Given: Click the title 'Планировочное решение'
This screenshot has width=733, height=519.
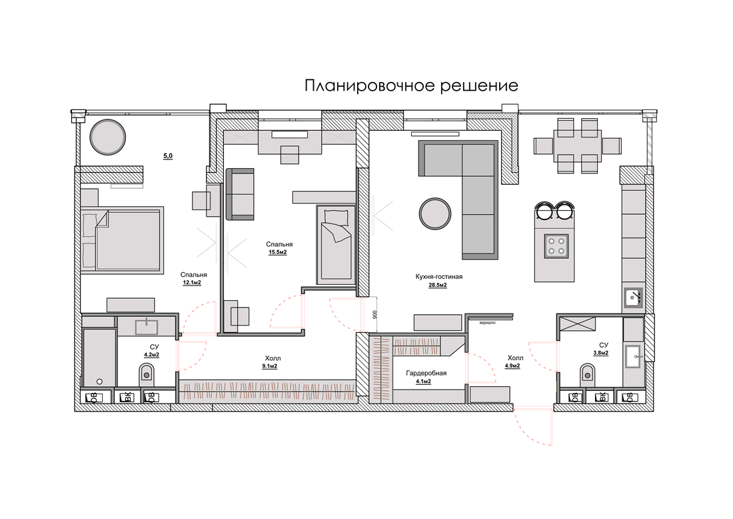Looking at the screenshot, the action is click(411, 85).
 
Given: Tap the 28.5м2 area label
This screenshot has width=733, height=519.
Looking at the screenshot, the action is click(438, 285).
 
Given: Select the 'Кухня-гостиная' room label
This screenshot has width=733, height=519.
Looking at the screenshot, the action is click(439, 277).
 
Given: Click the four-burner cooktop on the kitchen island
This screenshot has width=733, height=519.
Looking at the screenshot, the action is click(556, 246).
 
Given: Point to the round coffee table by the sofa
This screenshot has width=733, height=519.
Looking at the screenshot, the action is click(435, 213).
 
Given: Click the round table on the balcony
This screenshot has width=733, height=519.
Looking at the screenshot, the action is click(107, 137).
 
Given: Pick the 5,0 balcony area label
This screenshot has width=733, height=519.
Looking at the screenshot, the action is click(168, 156).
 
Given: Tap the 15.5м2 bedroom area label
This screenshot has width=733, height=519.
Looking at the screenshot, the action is click(278, 252).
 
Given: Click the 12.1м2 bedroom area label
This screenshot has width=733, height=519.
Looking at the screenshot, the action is click(192, 283).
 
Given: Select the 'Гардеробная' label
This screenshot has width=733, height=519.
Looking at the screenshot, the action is click(426, 373).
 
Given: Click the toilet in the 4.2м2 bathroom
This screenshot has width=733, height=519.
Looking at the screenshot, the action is click(147, 374).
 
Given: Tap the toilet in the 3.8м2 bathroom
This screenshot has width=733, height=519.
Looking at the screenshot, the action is click(587, 374).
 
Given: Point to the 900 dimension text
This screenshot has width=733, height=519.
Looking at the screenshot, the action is click(374, 314).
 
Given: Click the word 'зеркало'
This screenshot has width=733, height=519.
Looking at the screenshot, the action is click(488, 323).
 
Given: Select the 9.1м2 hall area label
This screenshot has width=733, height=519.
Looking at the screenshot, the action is click(269, 366).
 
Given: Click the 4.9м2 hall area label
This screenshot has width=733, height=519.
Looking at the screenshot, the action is click(512, 366).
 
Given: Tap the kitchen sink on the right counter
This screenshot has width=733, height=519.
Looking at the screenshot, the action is click(634, 298).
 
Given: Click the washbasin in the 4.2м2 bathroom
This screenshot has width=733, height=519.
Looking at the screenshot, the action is click(147, 326).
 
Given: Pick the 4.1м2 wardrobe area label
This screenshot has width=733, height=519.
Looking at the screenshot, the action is click(423, 382).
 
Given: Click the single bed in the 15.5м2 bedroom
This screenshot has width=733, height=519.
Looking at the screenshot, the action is click(336, 245).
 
